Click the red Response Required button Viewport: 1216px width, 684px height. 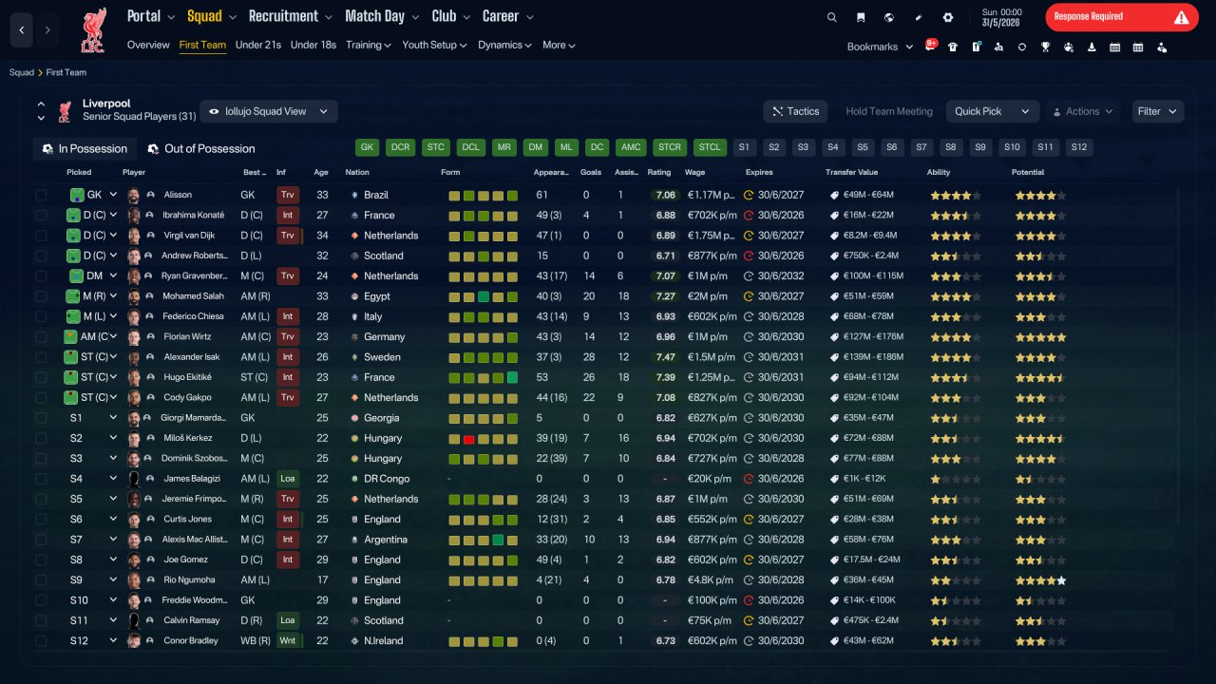tap(1122, 17)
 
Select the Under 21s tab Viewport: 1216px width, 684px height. tap(257, 45)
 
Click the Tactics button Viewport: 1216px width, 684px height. tap(795, 111)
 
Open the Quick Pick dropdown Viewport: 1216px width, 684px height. tap(992, 111)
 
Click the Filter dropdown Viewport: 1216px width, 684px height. tap(1157, 111)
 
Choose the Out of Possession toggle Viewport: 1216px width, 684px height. tap(201, 149)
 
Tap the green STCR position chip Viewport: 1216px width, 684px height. tap(670, 147)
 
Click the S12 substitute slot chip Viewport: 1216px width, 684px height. tap(1078, 147)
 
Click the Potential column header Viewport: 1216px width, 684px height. tap(1028, 172)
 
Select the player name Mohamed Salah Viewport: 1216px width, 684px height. tap(193, 295)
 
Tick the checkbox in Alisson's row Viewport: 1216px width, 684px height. tap(41, 195)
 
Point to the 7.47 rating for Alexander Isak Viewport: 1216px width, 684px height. tap(665, 356)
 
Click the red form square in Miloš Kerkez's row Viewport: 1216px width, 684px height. tap(468, 439)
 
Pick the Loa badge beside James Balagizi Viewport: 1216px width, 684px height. tap(287, 478)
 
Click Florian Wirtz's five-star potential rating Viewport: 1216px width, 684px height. tap(1040, 337)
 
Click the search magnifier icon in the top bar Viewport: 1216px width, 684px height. tap(831, 17)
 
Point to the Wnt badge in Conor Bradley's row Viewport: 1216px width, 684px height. tap(287, 640)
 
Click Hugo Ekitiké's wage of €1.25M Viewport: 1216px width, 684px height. tap(711, 377)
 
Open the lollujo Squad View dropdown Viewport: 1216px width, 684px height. tap(269, 111)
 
